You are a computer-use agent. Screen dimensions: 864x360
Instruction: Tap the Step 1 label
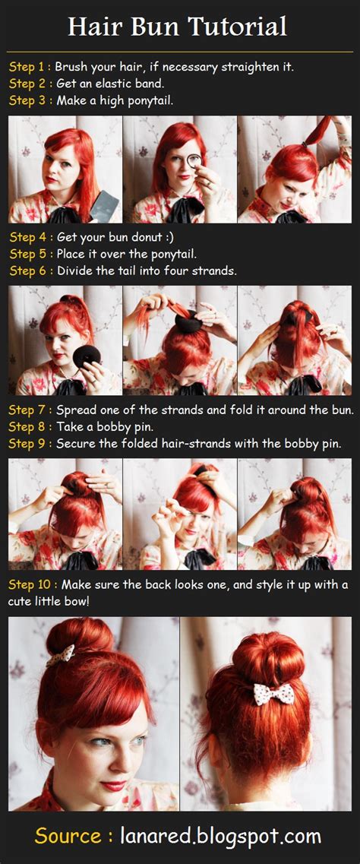[29, 67]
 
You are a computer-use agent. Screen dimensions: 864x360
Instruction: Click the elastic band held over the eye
[193, 160]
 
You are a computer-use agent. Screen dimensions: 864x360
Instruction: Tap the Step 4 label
[29, 237]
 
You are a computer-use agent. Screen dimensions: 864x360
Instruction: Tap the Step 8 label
[29, 427]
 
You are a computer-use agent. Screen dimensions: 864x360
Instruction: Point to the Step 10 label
[32, 584]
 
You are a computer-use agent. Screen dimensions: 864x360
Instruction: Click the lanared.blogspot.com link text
[220, 837]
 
